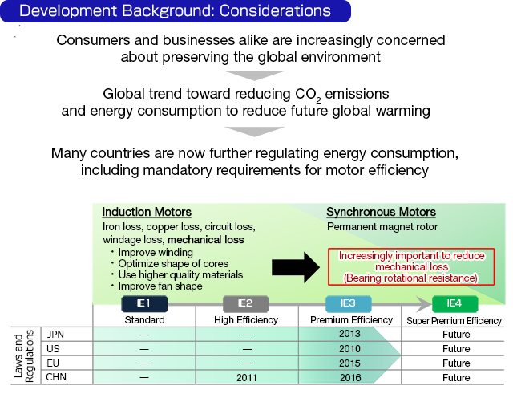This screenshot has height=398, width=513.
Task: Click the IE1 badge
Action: (144, 304)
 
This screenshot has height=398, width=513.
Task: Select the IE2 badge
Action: (245, 304)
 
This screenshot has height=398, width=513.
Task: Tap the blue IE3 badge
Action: (349, 304)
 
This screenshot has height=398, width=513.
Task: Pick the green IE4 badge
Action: (455, 304)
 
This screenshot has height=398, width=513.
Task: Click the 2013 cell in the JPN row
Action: (349, 335)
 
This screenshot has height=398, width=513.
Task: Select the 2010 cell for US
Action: (349, 348)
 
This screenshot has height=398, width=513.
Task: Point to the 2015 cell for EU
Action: (349, 363)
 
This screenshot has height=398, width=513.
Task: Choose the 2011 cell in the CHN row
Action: (245, 377)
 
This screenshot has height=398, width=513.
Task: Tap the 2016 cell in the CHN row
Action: (349, 377)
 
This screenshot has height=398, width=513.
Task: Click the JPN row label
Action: (55, 335)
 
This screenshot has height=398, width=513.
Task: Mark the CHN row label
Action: (56, 377)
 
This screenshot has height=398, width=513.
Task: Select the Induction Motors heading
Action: (147, 213)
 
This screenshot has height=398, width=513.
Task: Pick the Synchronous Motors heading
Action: (381, 213)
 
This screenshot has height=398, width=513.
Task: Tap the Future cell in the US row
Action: (456, 348)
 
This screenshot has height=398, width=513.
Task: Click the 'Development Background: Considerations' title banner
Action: (176, 11)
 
